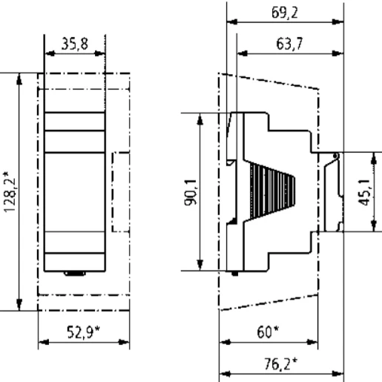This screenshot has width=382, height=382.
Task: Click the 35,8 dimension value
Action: point(74,45)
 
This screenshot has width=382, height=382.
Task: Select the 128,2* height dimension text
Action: point(8,190)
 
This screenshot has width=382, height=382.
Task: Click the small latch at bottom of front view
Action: point(74,274)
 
